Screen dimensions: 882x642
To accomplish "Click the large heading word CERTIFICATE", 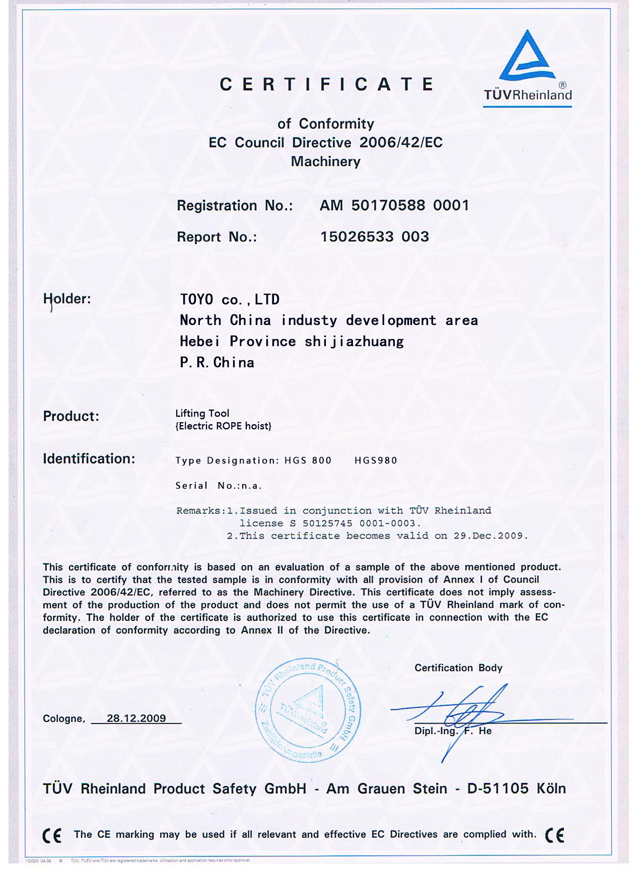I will click(326, 84).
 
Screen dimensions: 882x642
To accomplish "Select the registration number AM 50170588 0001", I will click(394, 205).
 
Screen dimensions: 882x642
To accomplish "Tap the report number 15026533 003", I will click(375, 236).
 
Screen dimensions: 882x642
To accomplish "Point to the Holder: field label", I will click(67, 299).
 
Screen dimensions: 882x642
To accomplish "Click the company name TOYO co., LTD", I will click(230, 299).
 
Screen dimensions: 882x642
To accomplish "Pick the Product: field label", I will click(71, 416).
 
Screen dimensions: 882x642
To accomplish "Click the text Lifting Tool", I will click(202, 413).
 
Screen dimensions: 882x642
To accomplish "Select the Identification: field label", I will click(89, 459).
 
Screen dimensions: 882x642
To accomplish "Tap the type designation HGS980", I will click(376, 460).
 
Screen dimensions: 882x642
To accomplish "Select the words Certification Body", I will click(458, 668).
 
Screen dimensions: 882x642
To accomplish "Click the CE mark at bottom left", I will click(52, 836).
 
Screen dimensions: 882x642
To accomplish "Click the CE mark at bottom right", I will click(554, 835).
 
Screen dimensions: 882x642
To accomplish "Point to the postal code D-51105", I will click(497, 788).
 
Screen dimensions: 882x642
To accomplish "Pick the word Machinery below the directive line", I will click(326, 162).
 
